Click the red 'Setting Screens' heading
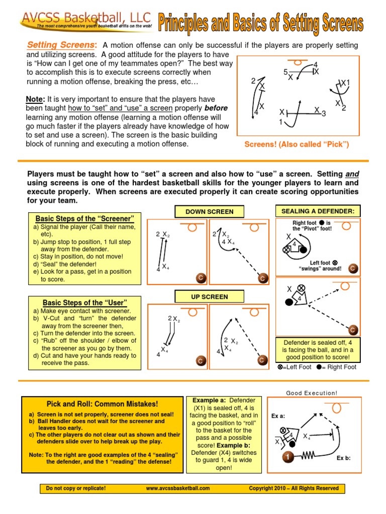62,45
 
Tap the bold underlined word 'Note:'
36,99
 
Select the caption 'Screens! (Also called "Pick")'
297,145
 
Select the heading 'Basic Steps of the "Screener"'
84,218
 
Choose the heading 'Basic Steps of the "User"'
84,303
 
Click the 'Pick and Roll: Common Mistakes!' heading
102,404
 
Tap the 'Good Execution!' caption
312,393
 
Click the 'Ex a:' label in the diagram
278,416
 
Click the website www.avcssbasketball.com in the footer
178,488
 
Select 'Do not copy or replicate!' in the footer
76,488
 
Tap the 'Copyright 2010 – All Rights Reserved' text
294,488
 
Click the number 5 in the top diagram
285,72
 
